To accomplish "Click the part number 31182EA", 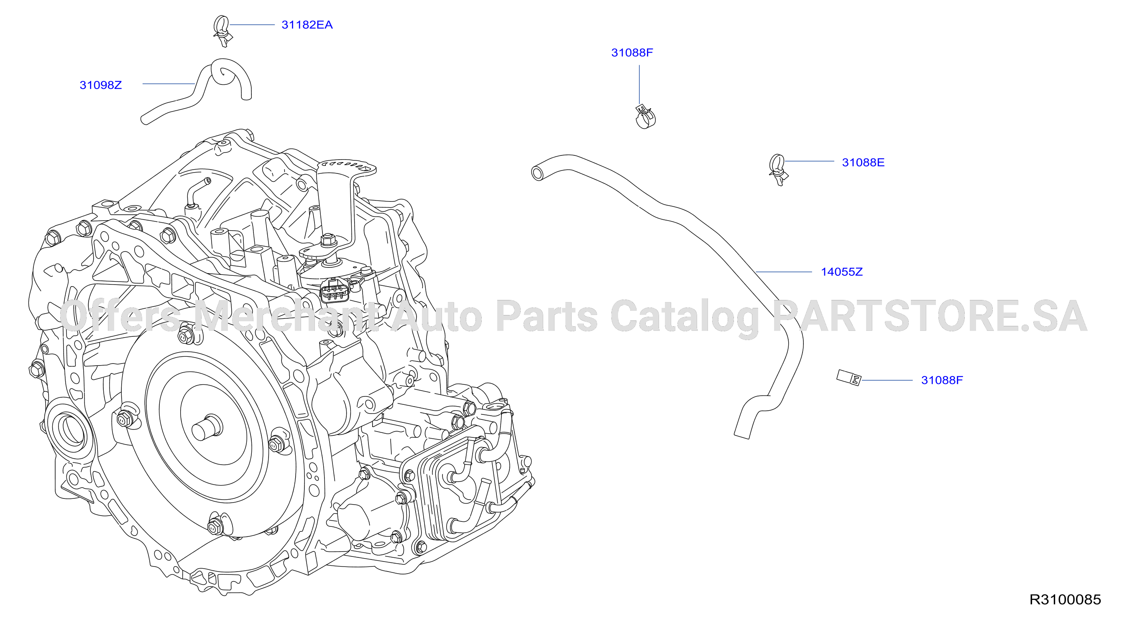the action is click(307, 25).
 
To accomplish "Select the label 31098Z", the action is click(100, 85).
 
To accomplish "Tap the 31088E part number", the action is click(863, 163).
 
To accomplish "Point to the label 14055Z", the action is click(842, 272).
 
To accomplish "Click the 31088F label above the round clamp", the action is click(632, 53).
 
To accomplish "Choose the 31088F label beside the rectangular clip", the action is click(942, 380).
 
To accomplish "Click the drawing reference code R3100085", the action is click(1065, 600).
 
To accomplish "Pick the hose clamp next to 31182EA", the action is click(222, 31).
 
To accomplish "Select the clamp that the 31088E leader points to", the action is click(777, 170).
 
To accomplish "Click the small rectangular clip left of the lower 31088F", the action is click(849, 378).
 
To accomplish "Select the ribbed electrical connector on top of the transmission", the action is click(335, 290).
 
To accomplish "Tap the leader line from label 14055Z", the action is click(784, 272).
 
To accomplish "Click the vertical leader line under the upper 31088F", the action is click(639, 85).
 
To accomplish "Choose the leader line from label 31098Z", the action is click(169, 84).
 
